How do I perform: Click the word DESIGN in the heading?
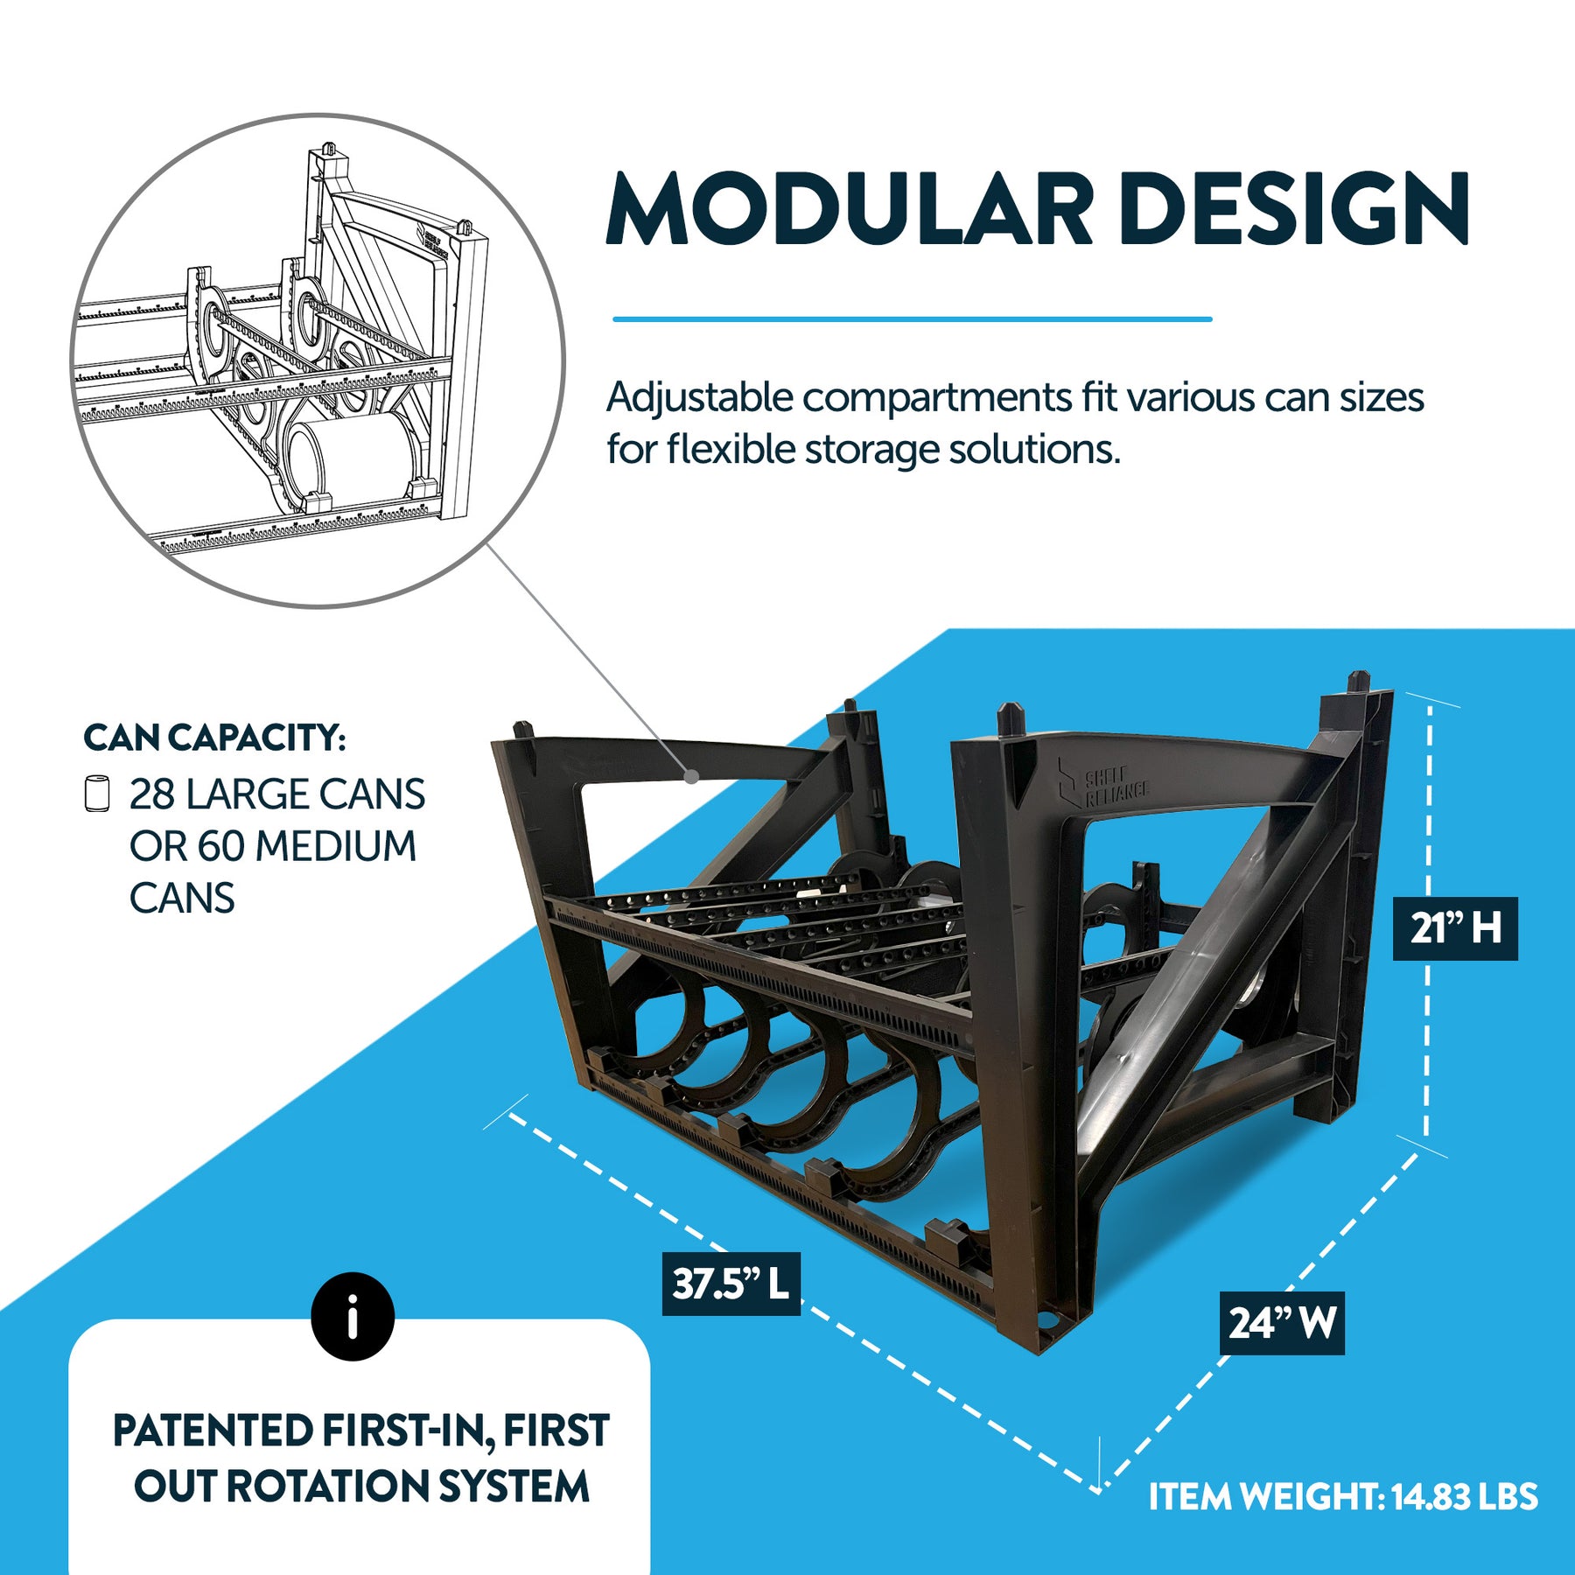1294,210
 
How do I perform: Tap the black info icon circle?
353,1316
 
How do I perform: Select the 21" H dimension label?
1454,928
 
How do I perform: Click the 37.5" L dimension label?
731,1284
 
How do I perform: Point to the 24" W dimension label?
1282,1323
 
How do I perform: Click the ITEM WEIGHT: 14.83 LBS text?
1343,1497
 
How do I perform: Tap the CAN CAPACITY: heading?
214,738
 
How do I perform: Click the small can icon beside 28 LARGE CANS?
97,794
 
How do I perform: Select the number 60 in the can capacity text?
220,846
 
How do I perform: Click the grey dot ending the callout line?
692,776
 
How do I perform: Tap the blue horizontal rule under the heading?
912,319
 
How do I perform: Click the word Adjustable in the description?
700,398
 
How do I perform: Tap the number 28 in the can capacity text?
152,794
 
